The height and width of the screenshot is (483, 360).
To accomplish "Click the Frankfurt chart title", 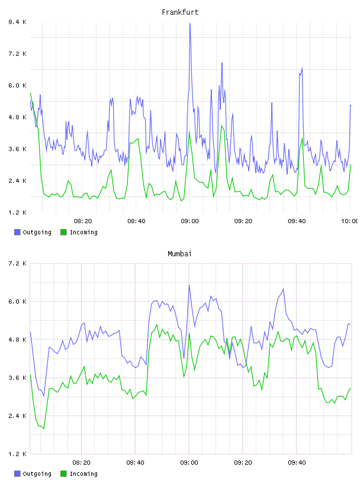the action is pos(180,12).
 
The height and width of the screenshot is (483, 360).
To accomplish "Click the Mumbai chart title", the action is pos(179,254).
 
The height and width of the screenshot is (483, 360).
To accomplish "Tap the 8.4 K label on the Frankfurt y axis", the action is pos(18,22).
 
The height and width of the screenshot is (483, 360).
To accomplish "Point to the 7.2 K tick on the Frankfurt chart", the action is pos(18,54).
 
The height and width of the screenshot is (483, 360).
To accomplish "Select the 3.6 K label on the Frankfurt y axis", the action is pos(18,149).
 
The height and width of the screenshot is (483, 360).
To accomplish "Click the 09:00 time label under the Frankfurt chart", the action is pos(190,221).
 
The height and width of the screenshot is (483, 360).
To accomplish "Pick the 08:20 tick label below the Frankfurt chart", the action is pos(83,221).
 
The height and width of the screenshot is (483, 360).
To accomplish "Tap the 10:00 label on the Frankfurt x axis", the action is pos(350,221).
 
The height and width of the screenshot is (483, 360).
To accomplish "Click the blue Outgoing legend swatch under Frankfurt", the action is pos(17,232).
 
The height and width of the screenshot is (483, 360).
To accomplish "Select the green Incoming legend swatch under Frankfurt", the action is pos(63,232).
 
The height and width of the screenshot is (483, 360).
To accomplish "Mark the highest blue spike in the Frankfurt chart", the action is pos(190,24).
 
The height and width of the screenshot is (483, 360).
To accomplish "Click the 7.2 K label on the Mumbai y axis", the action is pos(18,263).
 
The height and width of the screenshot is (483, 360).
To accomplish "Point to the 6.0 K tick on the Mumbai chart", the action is pos(18,301).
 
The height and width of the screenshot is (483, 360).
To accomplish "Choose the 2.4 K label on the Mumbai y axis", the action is pos(18,416).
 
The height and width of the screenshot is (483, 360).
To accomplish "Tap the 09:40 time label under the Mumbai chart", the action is pos(297,462).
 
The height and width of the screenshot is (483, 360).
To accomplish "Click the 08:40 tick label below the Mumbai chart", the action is pos(136,462).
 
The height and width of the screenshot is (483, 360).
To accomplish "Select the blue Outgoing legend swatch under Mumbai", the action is pos(17,474).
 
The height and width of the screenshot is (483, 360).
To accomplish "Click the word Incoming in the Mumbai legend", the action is pos(84,474).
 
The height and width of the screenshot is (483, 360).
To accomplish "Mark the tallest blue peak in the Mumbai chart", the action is pos(189,285).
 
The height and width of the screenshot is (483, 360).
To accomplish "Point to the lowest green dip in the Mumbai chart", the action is pos(44,428).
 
